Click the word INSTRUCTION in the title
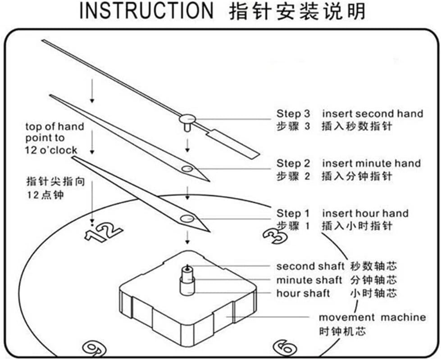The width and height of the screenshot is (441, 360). click(146, 11)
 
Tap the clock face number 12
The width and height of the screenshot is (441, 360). click(104, 231)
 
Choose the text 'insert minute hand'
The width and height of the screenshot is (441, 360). click(371, 163)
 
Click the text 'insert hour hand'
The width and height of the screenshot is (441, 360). click(365, 213)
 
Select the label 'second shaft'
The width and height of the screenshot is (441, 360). click(310, 266)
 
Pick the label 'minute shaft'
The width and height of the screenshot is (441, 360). click(309, 280)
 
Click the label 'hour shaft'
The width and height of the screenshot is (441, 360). click(303, 293)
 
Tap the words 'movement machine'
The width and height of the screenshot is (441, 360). click(372, 317)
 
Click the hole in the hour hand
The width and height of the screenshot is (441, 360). click(185, 219)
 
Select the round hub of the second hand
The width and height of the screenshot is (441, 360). click(186, 119)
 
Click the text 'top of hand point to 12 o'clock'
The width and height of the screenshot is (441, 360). click(54, 138)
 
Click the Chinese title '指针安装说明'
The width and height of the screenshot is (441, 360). click(297, 11)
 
